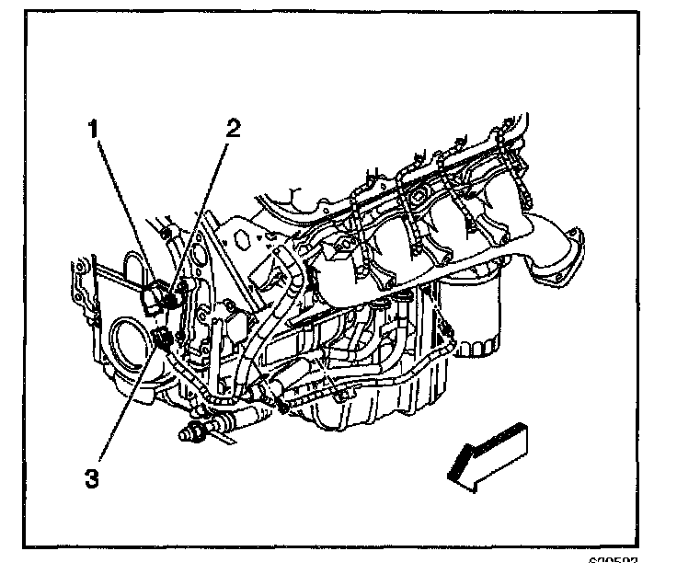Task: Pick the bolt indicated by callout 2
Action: (173, 298)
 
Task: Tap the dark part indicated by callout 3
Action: (164, 338)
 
